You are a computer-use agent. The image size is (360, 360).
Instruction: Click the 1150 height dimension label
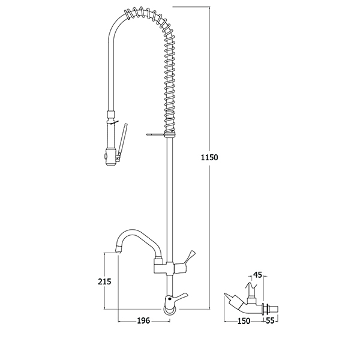209,157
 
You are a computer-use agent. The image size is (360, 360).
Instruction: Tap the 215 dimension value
104,281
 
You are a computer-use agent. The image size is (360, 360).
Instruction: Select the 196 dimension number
143,320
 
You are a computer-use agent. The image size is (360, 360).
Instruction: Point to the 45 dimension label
257,275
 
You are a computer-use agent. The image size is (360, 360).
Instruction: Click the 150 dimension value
244,321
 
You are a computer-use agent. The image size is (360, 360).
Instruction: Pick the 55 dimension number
270,320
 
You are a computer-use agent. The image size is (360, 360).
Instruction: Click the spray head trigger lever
122,140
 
